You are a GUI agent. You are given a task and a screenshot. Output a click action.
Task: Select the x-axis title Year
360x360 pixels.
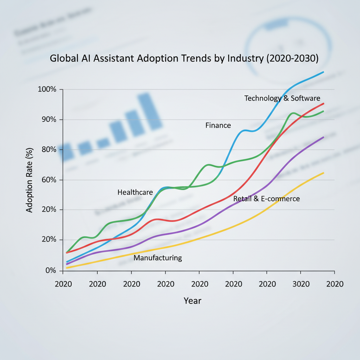coord(192,301)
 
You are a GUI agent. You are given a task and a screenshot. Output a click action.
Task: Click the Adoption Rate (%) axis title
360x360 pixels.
coord(30,180)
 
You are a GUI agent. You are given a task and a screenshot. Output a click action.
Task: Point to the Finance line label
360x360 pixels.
coord(218,125)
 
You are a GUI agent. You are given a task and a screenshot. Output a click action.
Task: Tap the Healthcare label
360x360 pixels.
coord(135,192)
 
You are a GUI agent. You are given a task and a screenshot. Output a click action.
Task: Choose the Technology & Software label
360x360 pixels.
coord(282,98)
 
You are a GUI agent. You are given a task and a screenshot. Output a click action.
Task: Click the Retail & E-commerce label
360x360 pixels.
coord(266,199)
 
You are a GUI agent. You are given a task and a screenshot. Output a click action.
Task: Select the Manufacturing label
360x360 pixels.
coord(158,258)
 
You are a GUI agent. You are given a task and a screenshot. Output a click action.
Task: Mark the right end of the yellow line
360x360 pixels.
coord(323,173)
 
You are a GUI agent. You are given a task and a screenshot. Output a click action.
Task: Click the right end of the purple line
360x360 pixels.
coord(323,137)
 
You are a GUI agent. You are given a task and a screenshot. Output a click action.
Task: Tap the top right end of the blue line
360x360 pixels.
coord(323,72)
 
